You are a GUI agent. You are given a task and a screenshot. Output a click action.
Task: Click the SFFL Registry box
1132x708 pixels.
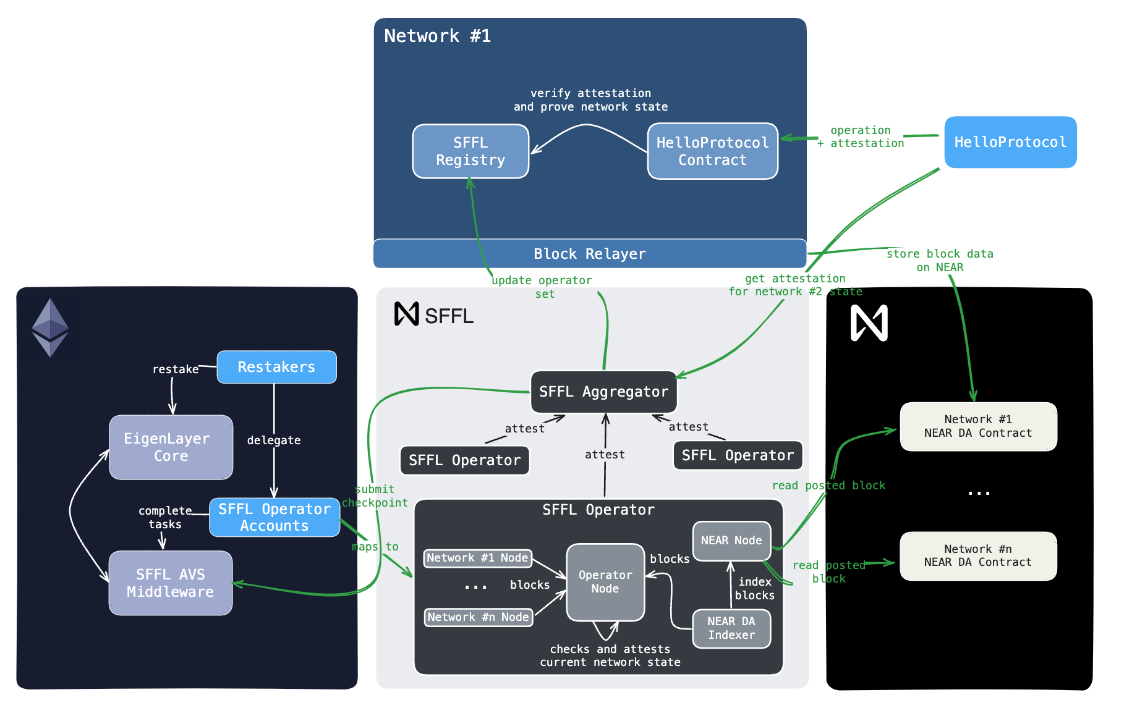tap(470, 151)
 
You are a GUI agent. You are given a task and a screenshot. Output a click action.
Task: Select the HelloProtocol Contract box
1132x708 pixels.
tap(712, 151)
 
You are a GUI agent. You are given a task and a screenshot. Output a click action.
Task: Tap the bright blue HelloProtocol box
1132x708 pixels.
tap(1010, 142)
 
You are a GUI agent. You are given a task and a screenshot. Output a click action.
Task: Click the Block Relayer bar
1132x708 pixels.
tap(589, 254)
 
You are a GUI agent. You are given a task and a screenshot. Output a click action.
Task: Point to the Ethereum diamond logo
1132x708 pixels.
tap(50, 327)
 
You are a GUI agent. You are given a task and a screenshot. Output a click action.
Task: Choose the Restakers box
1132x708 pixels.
tap(276, 367)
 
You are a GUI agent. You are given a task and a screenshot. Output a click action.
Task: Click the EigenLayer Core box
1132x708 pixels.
tap(171, 447)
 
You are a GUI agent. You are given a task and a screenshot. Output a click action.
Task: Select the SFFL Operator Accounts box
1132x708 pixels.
tap(274, 517)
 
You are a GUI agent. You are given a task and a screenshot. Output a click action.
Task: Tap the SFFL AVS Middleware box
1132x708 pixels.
tap(171, 583)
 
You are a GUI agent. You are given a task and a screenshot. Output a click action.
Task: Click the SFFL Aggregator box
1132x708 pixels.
tap(603, 392)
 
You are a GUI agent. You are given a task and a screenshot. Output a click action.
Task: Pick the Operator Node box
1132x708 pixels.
tap(605, 582)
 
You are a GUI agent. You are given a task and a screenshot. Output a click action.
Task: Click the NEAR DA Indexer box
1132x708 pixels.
tap(731, 628)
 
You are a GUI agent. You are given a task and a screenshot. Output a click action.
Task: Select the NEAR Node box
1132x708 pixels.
tap(731, 541)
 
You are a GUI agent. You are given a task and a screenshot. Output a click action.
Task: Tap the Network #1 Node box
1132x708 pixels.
tap(477, 558)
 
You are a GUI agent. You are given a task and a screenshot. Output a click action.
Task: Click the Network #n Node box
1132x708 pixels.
tap(478, 617)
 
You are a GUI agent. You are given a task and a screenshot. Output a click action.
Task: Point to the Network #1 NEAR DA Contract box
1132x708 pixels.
tap(978, 426)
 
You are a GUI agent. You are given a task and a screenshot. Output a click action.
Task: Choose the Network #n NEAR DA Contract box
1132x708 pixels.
tap(978, 555)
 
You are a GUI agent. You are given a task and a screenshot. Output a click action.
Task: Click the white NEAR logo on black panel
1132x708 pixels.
tap(869, 323)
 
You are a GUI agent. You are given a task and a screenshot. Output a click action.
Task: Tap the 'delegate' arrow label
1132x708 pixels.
tap(274, 440)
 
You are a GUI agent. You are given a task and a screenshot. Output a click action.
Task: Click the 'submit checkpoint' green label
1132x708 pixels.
tap(375, 496)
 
